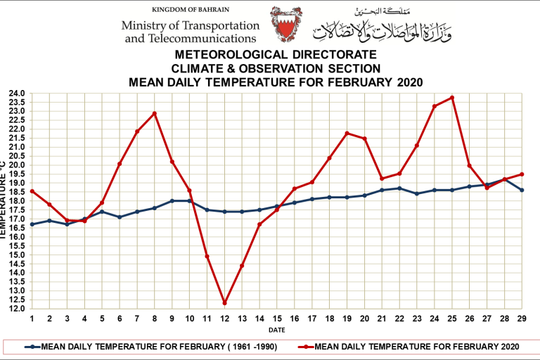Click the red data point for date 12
click(225, 303)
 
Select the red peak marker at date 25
click(452, 98)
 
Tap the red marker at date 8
click(155, 113)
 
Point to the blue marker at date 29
click(522, 190)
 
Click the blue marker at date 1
click(32, 224)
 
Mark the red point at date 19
click(347, 133)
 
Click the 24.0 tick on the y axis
click(17, 94)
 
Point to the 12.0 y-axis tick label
click(17, 309)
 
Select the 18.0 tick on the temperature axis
click(17, 201)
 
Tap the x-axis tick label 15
click(277, 319)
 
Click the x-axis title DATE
click(276, 329)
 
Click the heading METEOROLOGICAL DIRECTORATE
click(276, 55)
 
